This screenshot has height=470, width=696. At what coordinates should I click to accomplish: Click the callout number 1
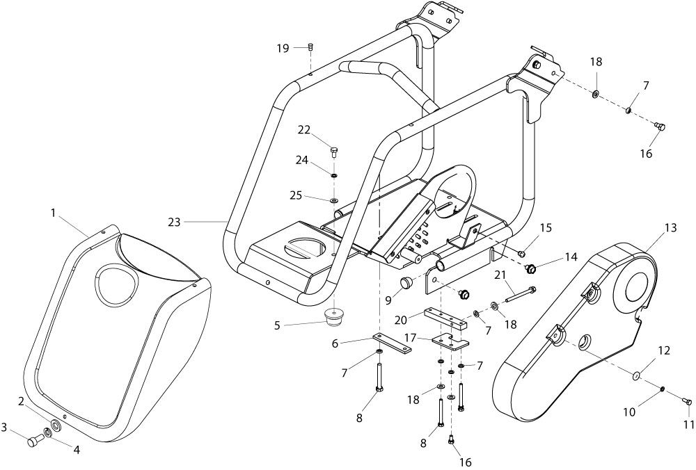(53, 213)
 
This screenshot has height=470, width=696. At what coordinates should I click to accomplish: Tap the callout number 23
(174, 222)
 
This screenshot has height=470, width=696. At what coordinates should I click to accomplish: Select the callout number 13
(670, 227)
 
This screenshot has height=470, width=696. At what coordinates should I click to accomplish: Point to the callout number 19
(282, 48)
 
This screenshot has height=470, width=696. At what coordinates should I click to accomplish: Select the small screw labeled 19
(311, 47)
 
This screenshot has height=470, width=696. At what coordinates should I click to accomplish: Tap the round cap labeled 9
(405, 282)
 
